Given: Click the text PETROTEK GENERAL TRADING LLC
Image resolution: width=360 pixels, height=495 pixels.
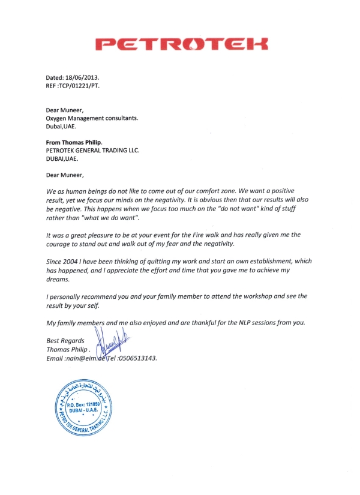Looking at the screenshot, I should [92, 151].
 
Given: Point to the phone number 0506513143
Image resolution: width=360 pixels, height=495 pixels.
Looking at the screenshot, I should [136, 358].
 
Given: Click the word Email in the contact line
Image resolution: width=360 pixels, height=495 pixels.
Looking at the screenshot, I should [56, 358].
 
